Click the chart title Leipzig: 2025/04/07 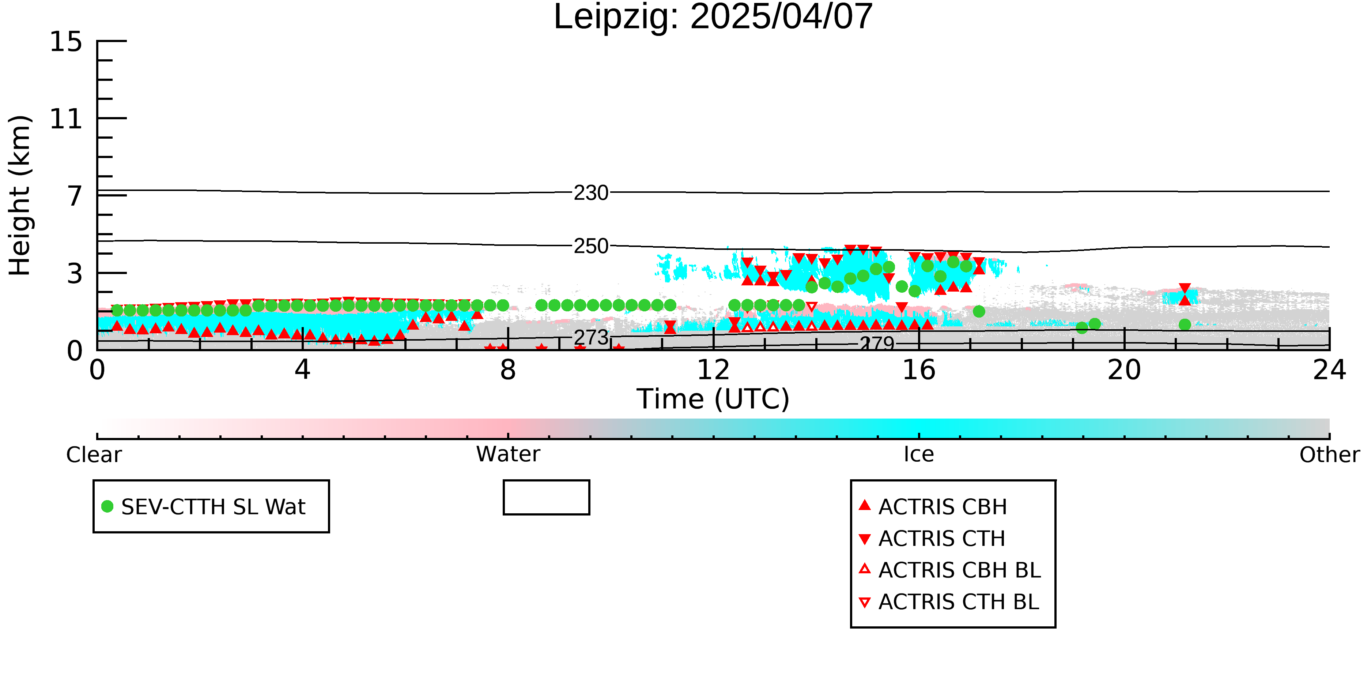[x=713, y=17]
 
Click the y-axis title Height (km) [x=20, y=195]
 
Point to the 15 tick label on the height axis [x=66, y=42]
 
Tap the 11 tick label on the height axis [x=66, y=119]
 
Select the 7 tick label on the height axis [x=75, y=196]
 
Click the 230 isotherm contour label [x=591, y=193]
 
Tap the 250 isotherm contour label [x=591, y=246]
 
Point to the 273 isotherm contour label [x=591, y=338]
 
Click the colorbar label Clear [x=94, y=455]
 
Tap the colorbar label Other [x=1329, y=455]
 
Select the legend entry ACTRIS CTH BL [x=949, y=602]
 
